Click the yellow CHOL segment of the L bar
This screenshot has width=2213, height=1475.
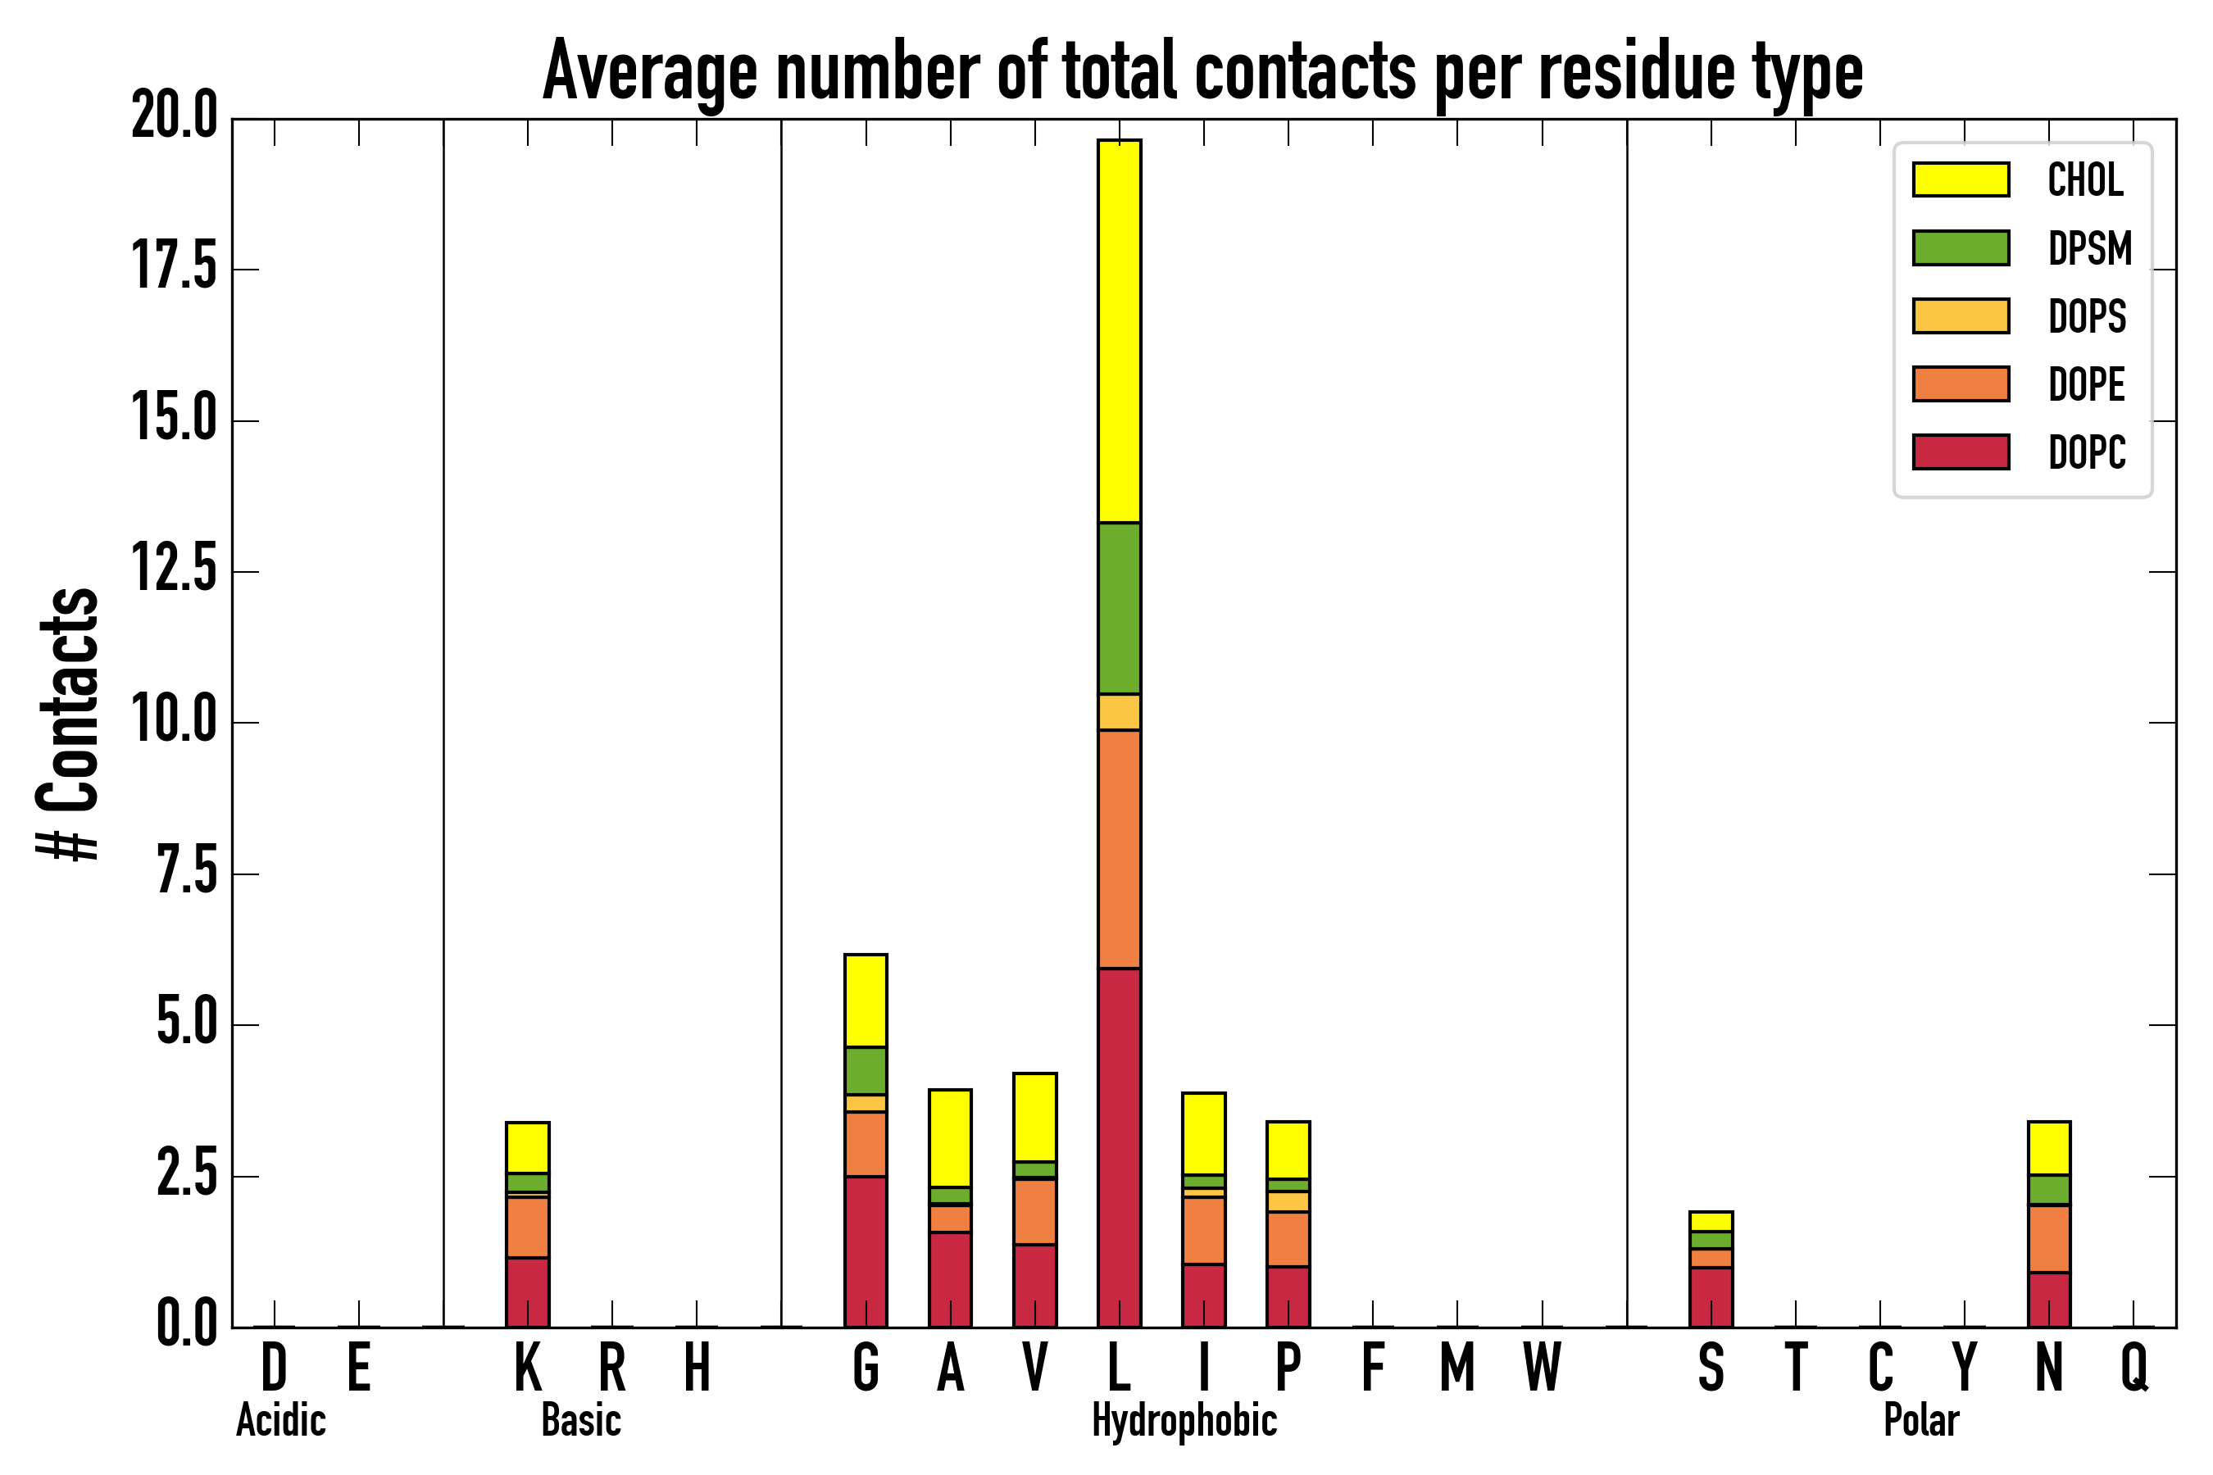[x=1119, y=331]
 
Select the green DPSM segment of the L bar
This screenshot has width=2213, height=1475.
[x=1119, y=608]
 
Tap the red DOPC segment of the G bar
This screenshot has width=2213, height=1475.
[x=866, y=1251]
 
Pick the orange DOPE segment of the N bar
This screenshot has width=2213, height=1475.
[x=2049, y=1238]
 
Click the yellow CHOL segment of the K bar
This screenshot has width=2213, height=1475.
[x=528, y=1148]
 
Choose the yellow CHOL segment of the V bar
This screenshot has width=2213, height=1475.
[x=1034, y=1117]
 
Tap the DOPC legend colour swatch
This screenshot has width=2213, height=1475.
[x=1961, y=452]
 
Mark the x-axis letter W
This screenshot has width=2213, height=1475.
[x=1543, y=1366]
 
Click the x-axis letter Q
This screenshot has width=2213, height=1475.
[x=2134, y=1366]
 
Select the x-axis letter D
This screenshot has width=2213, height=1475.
[x=274, y=1366]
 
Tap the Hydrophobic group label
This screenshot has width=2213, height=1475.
[x=1184, y=1420]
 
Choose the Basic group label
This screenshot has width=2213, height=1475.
[x=580, y=1420]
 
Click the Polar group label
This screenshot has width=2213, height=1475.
[x=1920, y=1420]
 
